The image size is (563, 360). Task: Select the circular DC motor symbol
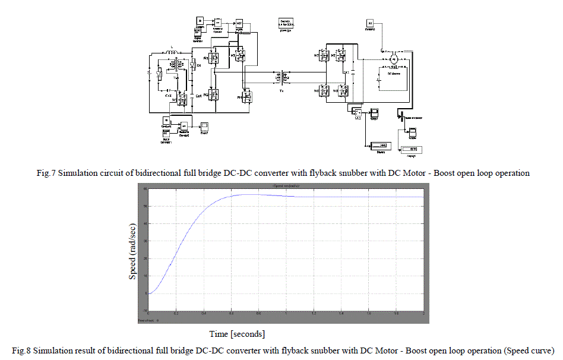tap(393, 59)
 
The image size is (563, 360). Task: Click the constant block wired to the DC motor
tap(369, 24)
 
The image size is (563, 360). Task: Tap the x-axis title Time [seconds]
tap(238, 333)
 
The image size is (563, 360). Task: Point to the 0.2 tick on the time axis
tap(176, 313)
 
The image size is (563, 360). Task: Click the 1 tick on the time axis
tap(286, 313)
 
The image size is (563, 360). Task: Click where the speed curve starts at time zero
tap(149, 293)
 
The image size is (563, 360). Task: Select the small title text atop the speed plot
tap(286, 187)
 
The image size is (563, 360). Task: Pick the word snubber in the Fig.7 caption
tap(333, 173)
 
